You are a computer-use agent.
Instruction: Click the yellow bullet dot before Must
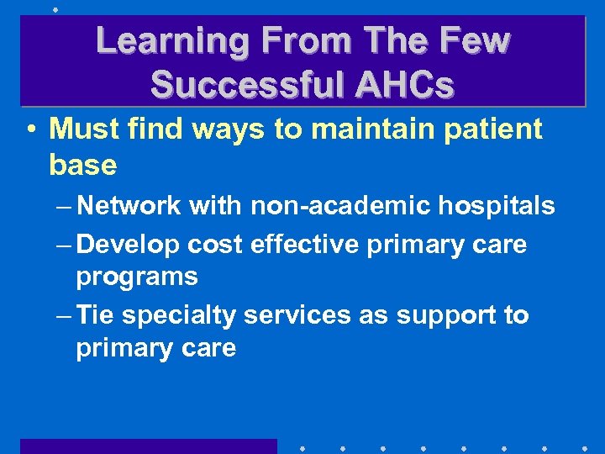point(30,130)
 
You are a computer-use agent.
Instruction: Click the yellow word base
point(82,166)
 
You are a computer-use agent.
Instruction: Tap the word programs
point(137,277)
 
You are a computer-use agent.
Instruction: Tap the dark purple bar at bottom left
point(148,446)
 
